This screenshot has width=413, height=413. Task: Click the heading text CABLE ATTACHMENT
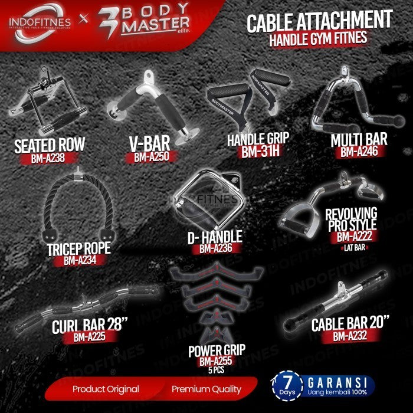pyautogui.click(x=319, y=21)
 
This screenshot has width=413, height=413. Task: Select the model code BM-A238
pyautogui.click(x=48, y=158)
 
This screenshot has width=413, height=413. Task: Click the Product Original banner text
pyautogui.click(x=106, y=389)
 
